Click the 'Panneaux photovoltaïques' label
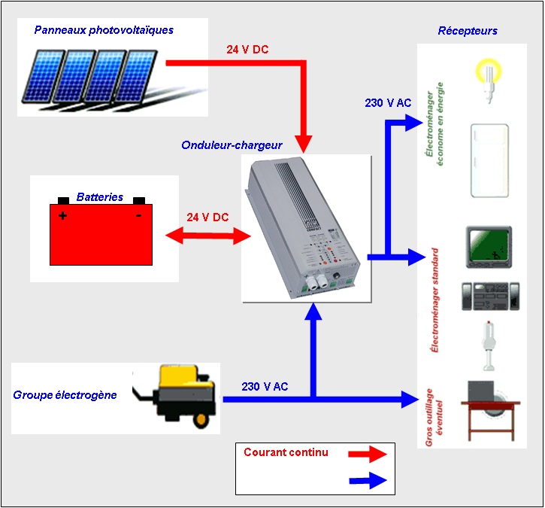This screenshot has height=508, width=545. pyautogui.click(x=104, y=30)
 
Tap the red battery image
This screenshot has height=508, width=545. pyautogui.click(x=101, y=233)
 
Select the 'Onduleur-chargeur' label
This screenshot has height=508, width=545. pyautogui.click(x=232, y=144)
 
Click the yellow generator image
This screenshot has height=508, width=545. pyautogui.click(x=177, y=397)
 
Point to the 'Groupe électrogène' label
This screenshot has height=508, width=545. pyautogui.click(x=65, y=394)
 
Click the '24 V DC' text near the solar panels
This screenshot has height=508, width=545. pyautogui.click(x=247, y=50)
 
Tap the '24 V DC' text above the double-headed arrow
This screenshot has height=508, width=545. pyautogui.click(x=207, y=217)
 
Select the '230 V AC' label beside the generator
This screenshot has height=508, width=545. pyautogui.click(x=265, y=386)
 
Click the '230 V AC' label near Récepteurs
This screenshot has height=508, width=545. pyautogui.click(x=388, y=103)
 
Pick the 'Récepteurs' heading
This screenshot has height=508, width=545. pyautogui.click(x=467, y=31)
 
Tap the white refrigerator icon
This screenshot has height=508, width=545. pyautogui.click(x=489, y=161)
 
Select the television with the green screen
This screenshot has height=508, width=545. pyautogui.click(x=489, y=245)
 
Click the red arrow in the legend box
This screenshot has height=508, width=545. pyautogui.click(x=368, y=454)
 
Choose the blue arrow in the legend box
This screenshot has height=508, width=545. pyautogui.click(x=368, y=481)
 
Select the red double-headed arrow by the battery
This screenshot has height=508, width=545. pyautogui.click(x=207, y=236)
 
